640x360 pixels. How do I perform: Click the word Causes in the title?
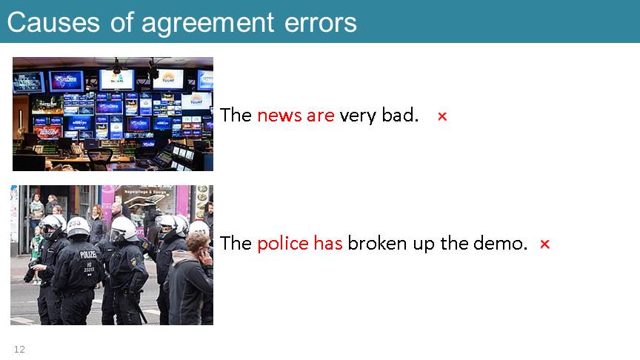tap(53, 22)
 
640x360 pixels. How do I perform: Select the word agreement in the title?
tap(207, 23)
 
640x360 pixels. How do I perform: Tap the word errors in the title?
tap(321, 23)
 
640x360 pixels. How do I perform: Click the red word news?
tap(279, 116)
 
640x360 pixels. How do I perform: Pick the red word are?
tap(321, 116)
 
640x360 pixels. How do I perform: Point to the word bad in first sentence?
tap(400, 115)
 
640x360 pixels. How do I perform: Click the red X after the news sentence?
tap(442, 117)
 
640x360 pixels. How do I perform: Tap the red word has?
tap(328, 243)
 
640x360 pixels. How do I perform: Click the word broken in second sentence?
tap(377, 243)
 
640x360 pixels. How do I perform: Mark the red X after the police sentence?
tap(545, 244)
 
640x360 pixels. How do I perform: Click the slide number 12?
tap(19, 350)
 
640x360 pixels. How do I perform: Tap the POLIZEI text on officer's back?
tap(87, 255)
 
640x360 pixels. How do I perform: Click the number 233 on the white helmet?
tap(75, 223)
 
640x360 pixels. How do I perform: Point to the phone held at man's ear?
tap(203, 253)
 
